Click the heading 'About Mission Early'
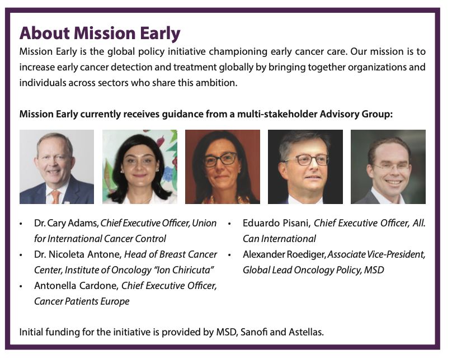pos(100,34)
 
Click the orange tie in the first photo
pos(55,197)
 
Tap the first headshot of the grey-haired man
pos(57,167)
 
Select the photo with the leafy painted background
pos(140,167)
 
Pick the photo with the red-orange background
pos(223,167)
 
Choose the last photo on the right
pos(388,167)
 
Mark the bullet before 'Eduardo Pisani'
pos(229,224)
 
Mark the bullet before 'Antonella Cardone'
pos(21,286)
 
